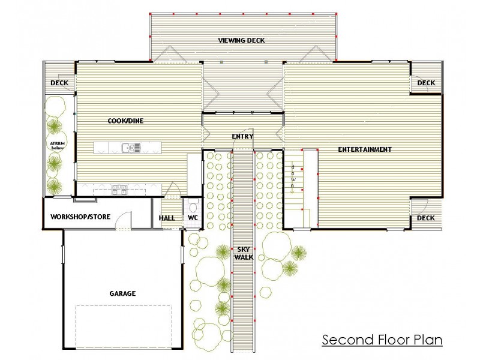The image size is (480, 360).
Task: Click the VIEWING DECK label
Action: [x=241, y=41]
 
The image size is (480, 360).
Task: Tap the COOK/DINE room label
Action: [x=125, y=121]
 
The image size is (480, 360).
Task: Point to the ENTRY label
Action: [x=242, y=137]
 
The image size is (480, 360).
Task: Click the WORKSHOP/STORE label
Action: [x=80, y=217]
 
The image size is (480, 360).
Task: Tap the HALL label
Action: [x=167, y=218]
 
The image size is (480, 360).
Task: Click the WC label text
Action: [x=193, y=218]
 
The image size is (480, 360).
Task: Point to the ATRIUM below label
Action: [x=58, y=146]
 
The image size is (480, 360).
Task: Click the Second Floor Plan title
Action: [x=382, y=340]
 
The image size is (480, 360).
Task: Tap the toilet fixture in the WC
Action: [x=193, y=204]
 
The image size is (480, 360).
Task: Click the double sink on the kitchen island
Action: [x=130, y=148]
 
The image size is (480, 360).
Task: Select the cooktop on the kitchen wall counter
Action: [x=118, y=189]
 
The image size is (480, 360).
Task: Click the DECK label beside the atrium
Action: [x=59, y=83]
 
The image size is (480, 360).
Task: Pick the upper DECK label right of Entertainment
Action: [x=426, y=83]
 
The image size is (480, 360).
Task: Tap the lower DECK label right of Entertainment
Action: [x=426, y=218]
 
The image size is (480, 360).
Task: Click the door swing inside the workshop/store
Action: [x=124, y=220]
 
